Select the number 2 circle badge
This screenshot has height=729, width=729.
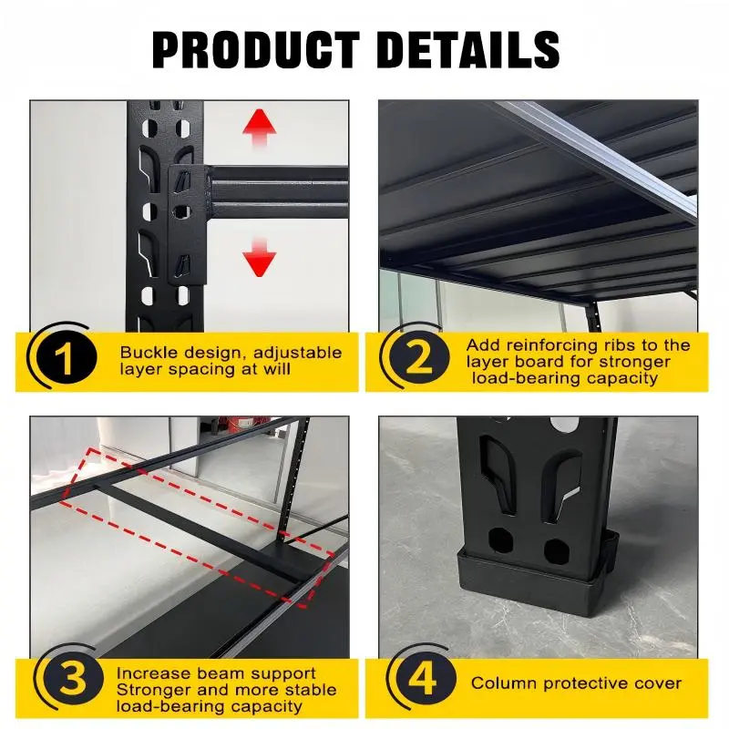pyautogui.click(x=418, y=360)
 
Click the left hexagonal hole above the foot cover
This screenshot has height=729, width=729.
pyautogui.click(x=499, y=548)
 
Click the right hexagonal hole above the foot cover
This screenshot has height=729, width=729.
pyautogui.click(x=556, y=549)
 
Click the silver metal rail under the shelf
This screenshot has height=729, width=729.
pyautogui.click(x=601, y=155)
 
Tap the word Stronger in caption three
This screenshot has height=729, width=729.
pyautogui.click(x=153, y=690)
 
